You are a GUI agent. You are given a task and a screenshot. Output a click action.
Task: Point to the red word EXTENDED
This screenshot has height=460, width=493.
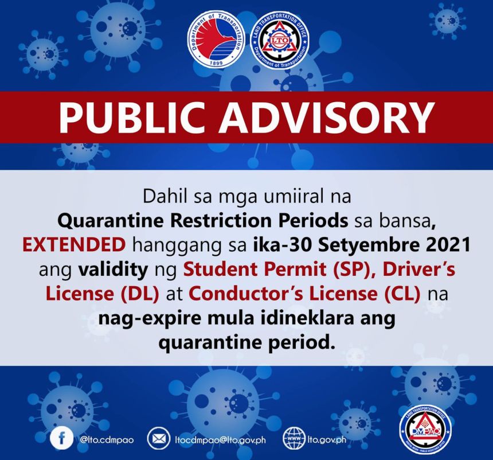(x=74, y=245)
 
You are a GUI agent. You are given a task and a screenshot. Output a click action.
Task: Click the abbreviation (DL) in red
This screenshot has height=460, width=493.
(x=142, y=293)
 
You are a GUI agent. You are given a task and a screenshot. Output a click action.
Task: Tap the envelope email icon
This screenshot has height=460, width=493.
(x=157, y=439)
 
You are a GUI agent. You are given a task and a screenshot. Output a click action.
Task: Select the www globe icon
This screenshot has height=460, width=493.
(x=294, y=439)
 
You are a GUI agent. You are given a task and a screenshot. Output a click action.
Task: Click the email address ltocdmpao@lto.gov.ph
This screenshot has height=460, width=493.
(x=218, y=440)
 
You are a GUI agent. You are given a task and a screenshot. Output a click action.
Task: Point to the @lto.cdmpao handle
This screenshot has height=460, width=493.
(x=106, y=440)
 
